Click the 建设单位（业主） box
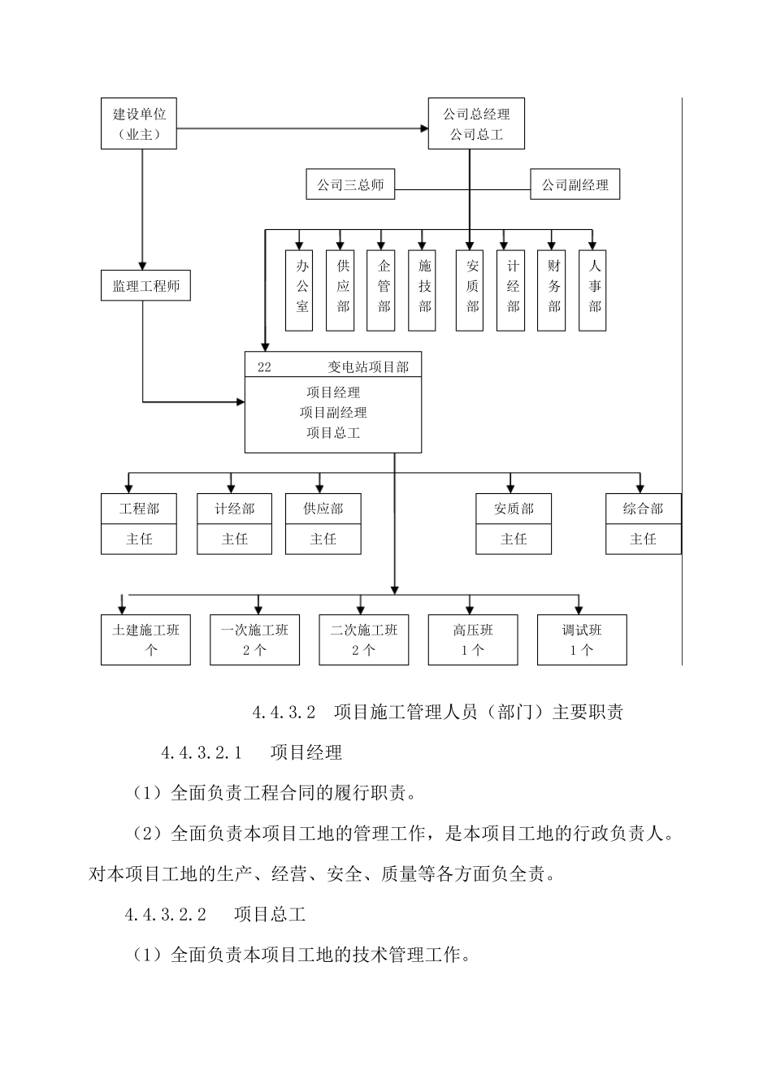pyautogui.click(x=139, y=124)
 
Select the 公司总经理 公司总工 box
pyautogui.click(x=476, y=124)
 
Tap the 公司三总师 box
pyautogui.click(x=349, y=185)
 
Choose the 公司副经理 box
pyautogui.click(x=575, y=185)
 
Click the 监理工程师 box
pyautogui.click(x=145, y=286)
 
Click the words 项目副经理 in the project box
pyautogui.click(x=333, y=413)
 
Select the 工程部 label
pyautogui.click(x=139, y=509)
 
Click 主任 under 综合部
pyautogui.click(x=643, y=539)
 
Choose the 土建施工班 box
pyautogui.click(x=145, y=640)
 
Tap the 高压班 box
pyautogui.click(x=473, y=640)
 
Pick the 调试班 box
pyautogui.click(x=582, y=640)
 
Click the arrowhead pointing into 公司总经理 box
pyautogui.click(x=423, y=128)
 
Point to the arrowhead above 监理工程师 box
pyautogui.click(x=142, y=265)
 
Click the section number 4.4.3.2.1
pyautogui.click(x=202, y=753)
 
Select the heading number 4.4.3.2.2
pyautogui.click(x=165, y=915)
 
